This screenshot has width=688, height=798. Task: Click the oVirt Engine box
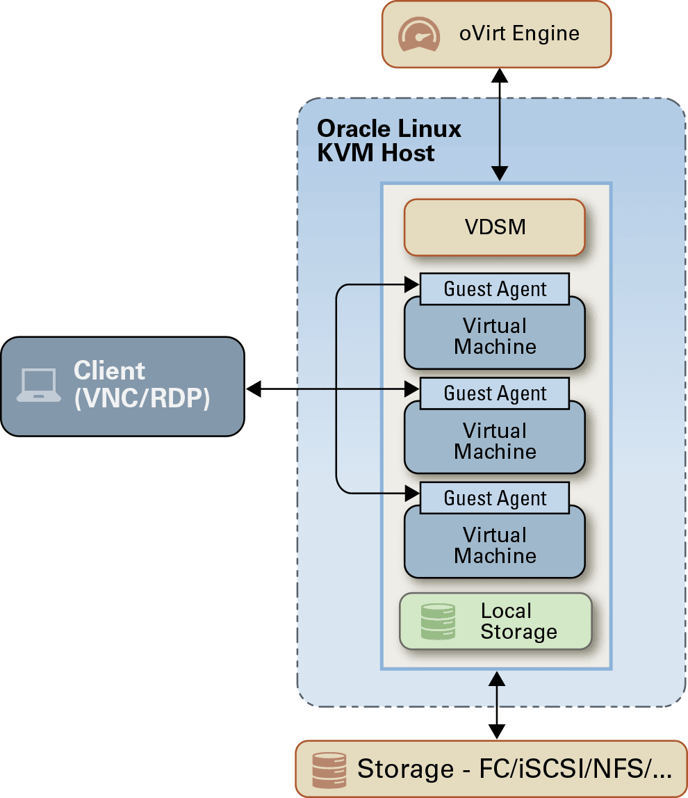click(496, 34)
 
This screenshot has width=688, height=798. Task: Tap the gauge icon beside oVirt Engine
click(418, 34)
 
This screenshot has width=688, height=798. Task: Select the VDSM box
click(495, 227)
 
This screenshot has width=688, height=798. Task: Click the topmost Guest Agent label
click(495, 288)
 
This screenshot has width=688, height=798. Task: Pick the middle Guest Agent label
click(495, 393)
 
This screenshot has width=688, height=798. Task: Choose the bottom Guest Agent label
click(495, 498)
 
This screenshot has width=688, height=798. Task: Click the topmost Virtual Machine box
click(495, 337)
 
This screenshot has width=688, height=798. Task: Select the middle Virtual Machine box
click(495, 441)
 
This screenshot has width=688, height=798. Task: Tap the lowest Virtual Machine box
click(495, 546)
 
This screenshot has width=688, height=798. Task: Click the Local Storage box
click(495, 621)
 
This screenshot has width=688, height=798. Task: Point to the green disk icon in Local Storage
click(438, 621)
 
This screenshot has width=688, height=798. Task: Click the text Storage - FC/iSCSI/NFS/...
click(514, 769)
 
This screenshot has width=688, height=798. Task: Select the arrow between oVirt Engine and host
click(498, 124)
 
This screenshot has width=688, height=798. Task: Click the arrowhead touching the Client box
click(254, 389)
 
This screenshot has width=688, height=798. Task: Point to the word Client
click(109, 370)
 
